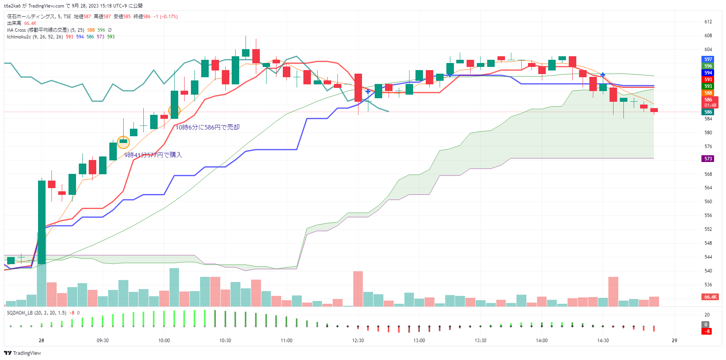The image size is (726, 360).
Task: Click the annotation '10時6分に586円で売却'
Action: pos(208,127)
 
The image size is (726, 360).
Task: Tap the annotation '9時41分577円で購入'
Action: pos(153,155)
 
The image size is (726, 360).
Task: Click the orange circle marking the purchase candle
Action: pos(124,141)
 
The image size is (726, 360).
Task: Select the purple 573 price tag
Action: pos(708,159)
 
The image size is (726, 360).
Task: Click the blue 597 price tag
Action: pos(708,59)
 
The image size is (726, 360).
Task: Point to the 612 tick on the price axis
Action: pos(708,22)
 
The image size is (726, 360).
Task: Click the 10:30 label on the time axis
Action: pos(225,341)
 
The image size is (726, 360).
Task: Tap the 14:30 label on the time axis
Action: pos(603,341)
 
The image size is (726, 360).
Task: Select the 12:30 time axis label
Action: pos(358,341)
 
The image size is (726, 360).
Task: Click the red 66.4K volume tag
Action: pos(711,297)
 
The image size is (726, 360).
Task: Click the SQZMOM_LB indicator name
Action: pos(19,313)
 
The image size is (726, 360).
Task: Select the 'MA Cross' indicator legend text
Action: pos(16,30)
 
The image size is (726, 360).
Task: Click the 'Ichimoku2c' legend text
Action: pos(19,37)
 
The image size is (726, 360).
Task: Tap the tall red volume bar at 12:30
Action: pos(358,289)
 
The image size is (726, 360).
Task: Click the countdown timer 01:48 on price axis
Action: pos(710,105)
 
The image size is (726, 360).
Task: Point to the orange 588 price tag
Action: pos(708,93)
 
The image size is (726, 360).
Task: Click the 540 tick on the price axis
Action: pos(708,271)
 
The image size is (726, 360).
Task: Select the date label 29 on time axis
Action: pos(675,341)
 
